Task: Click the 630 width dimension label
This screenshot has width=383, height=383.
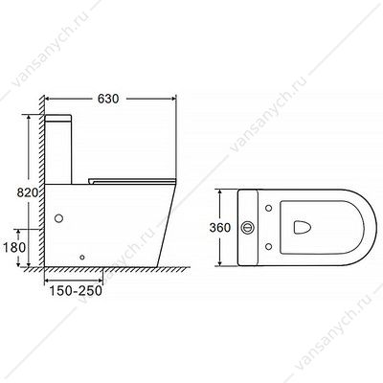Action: (x=108, y=99)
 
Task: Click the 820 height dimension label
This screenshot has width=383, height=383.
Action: (x=28, y=192)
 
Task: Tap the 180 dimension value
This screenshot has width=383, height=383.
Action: (x=14, y=247)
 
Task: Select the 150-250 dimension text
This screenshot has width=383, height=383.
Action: (x=76, y=291)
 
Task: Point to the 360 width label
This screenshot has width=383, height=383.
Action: (x=220, y=228)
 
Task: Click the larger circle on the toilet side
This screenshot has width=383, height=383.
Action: (x=58, y=218)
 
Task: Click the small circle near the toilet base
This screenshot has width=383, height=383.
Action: (x=82, y=257)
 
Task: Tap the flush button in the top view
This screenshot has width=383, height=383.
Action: (x=248, y=227)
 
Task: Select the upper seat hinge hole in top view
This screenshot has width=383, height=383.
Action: (x=269, y=208)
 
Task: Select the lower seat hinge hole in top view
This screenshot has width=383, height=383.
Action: (x=269, y=246)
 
